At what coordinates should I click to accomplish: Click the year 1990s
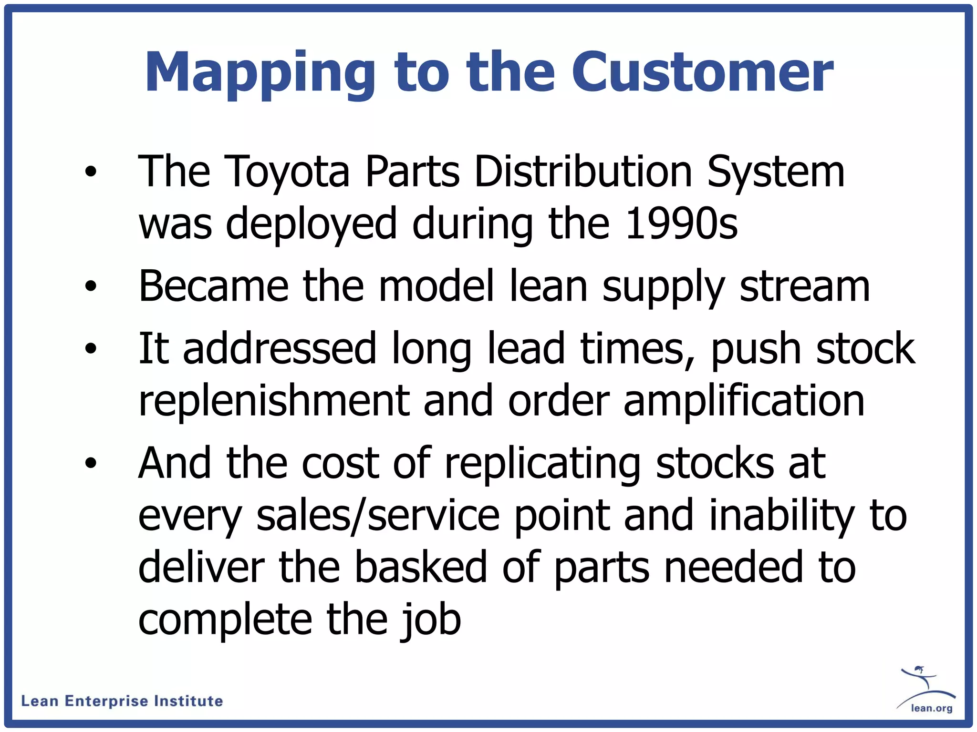(681, 224)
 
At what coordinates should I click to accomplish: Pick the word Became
(213, 286)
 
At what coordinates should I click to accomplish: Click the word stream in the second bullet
(804, 286)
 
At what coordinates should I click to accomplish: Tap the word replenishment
(274, 401)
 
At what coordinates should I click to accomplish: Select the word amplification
(744, 401)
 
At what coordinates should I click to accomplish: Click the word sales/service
(378, 516)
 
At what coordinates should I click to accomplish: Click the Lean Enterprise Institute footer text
(122, 701)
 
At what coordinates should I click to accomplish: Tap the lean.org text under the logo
(931, 708)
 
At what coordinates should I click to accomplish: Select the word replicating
(542, 463)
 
